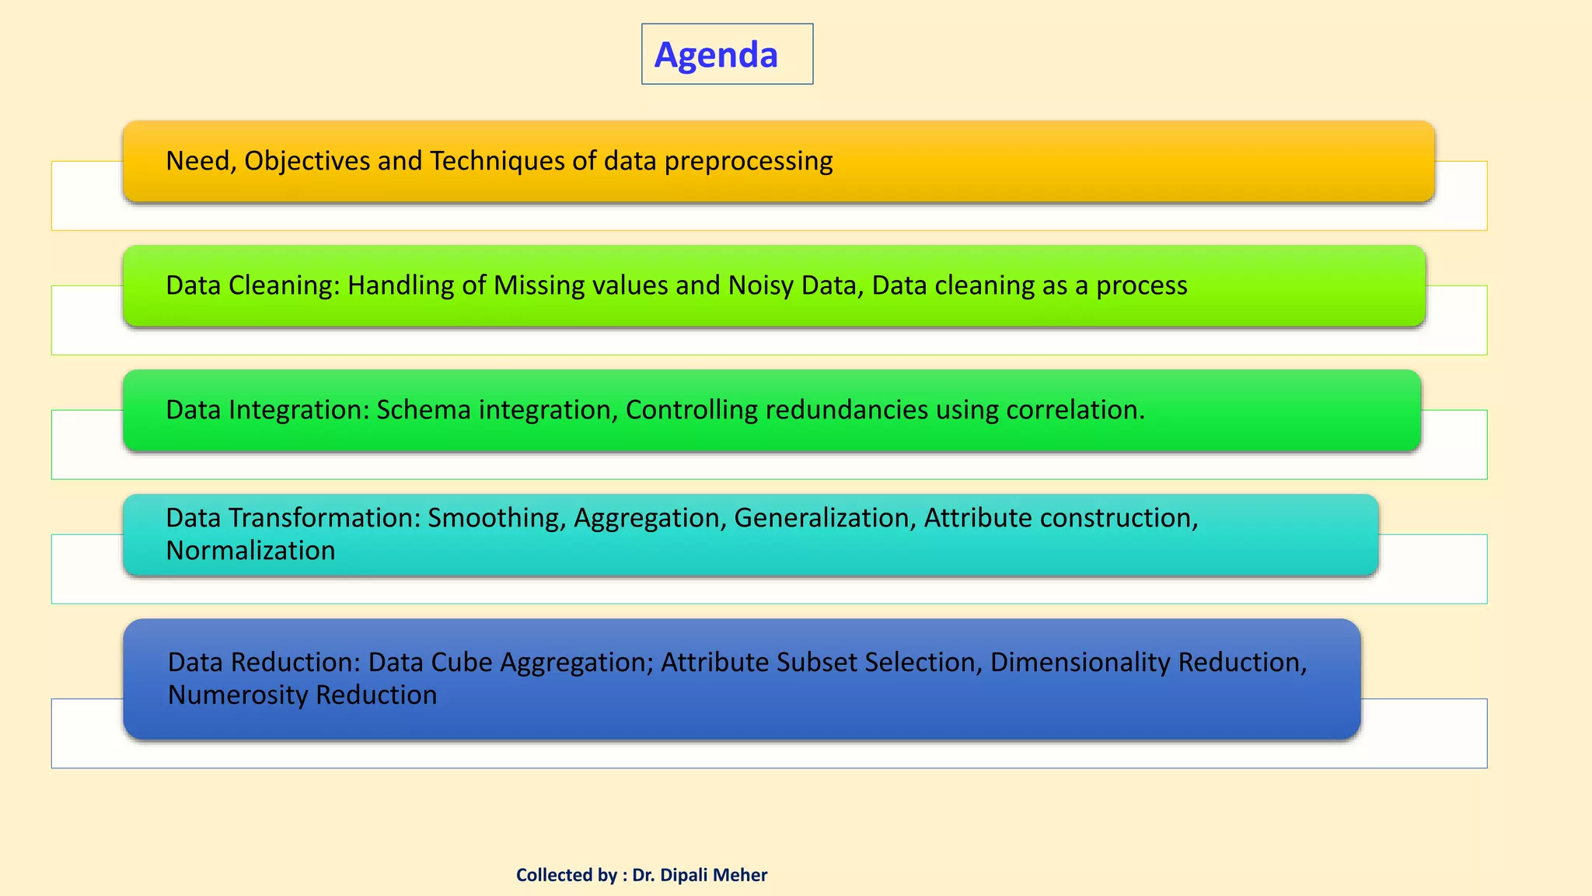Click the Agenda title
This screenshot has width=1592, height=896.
point(716,54)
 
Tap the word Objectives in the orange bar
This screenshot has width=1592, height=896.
point(307,161)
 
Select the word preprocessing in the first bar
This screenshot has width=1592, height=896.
point(748,161)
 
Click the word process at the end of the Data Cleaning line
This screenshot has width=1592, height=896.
point(1141,285)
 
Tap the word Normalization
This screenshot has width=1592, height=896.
point(250,551)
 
